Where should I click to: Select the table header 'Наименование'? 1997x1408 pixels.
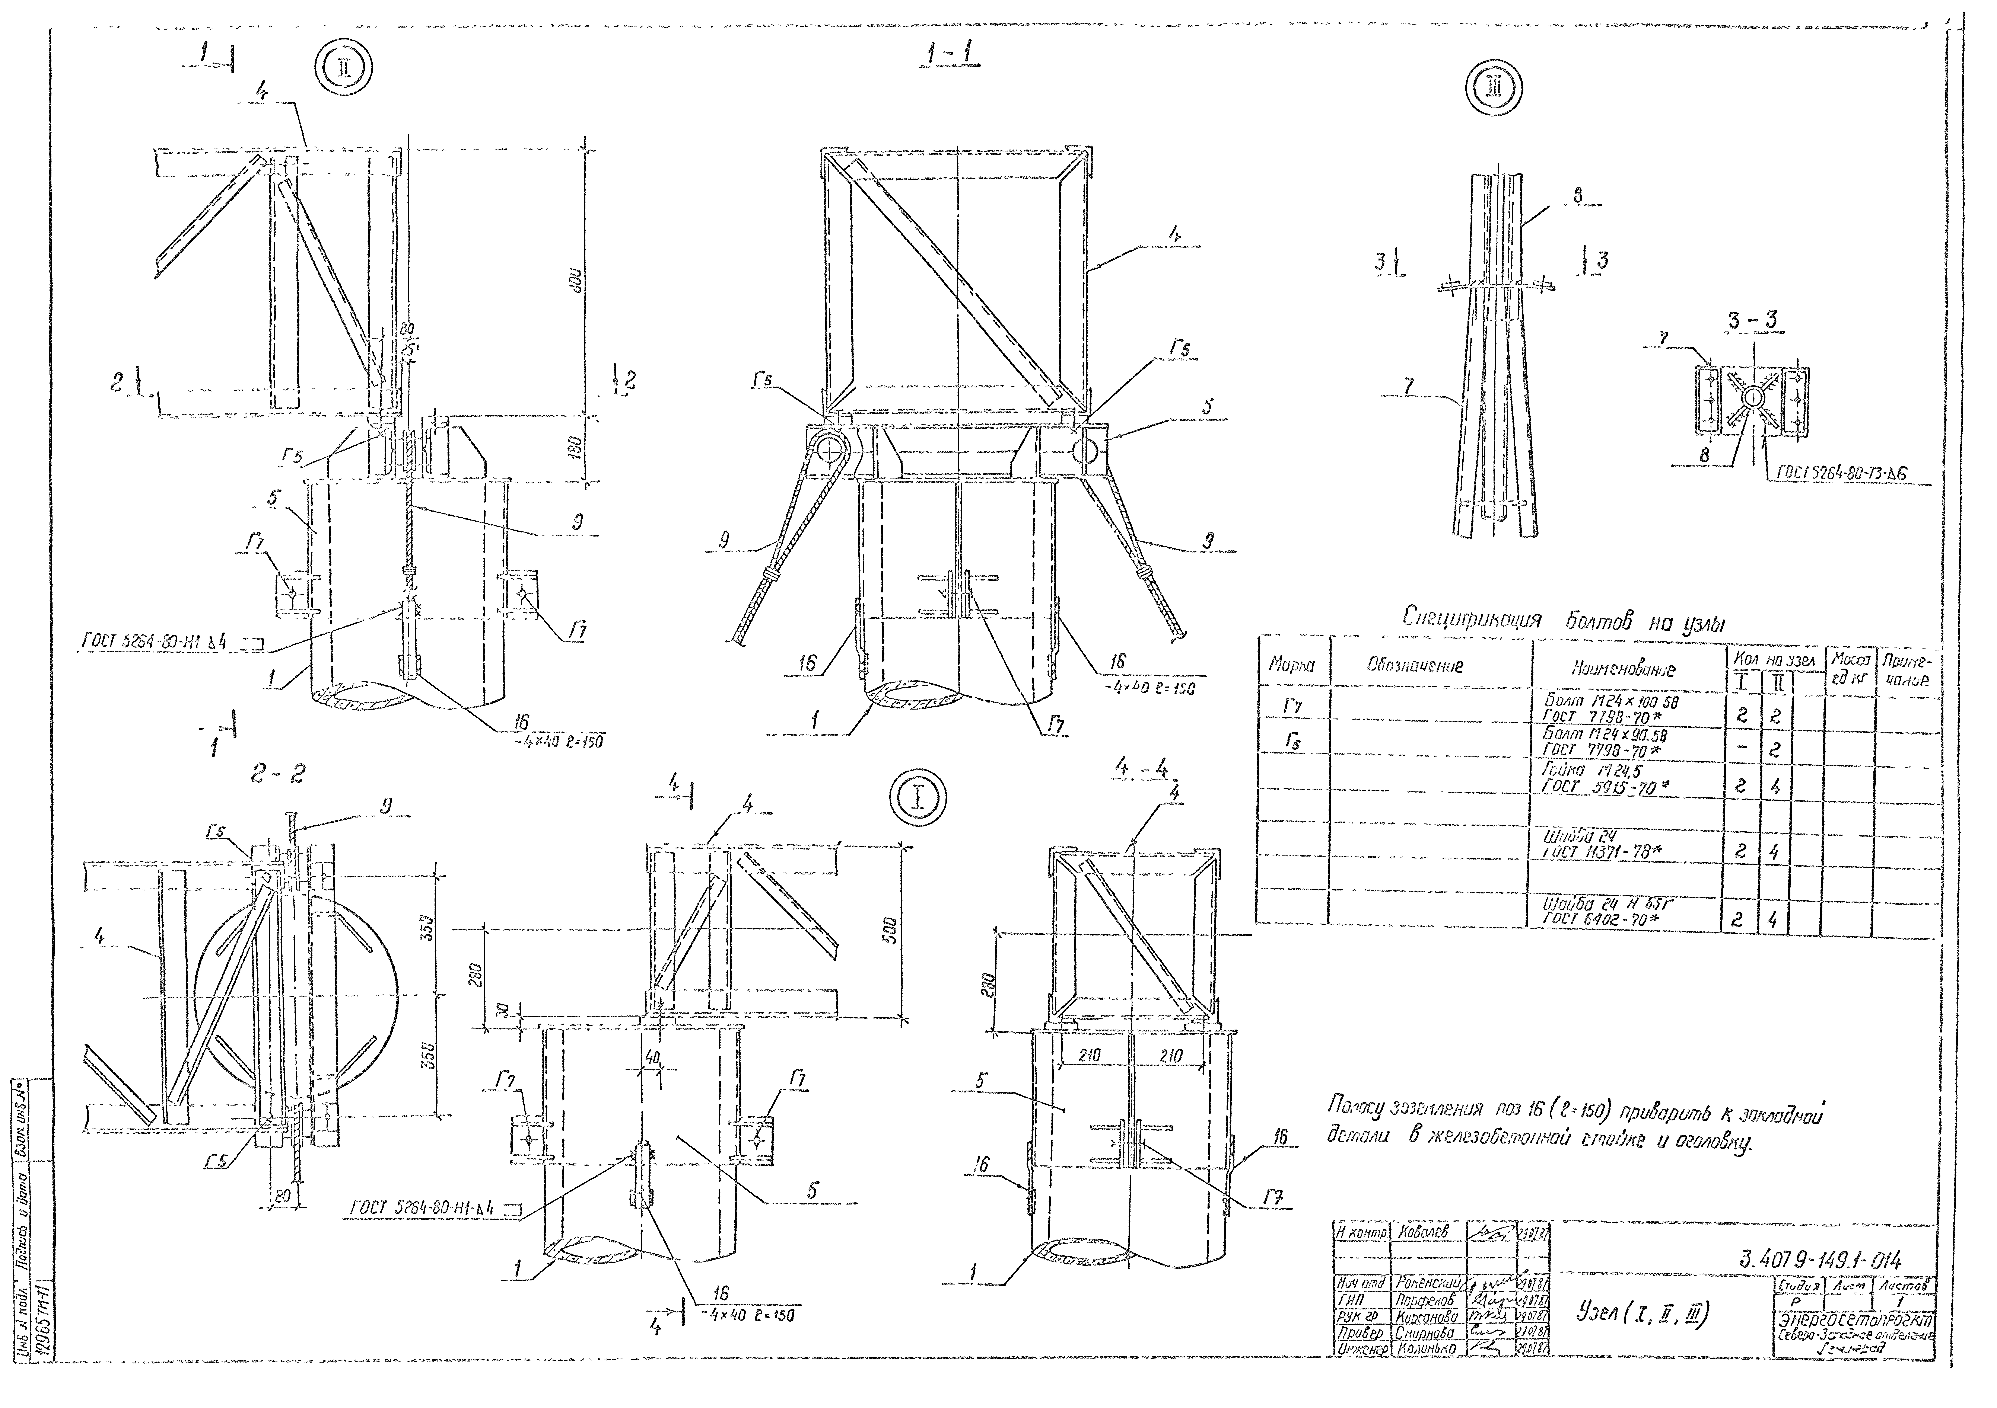click(1622, 669)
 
